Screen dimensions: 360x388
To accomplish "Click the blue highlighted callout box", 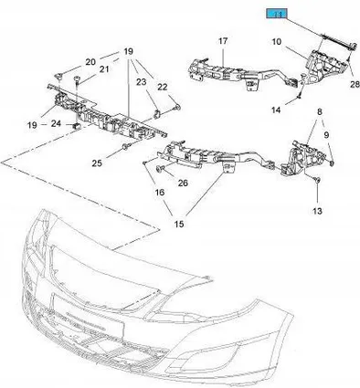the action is [277, 14].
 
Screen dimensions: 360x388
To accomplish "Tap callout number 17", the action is [223, 40].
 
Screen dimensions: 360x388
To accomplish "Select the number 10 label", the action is [277, 41].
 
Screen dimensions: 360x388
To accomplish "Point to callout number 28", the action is [355, 84].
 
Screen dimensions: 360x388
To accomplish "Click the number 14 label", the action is [276, 110].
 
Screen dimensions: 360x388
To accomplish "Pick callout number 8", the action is [319, 112].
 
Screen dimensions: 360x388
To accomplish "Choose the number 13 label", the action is [317, 211].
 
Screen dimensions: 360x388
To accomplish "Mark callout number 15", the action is [179, 224].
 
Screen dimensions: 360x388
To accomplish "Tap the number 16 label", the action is [160, 192].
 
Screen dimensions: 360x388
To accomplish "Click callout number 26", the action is [183, 183].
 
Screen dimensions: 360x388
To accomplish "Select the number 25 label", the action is [97, 163].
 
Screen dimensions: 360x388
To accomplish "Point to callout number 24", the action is [56, 123].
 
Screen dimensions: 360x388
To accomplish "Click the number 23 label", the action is [141, 82].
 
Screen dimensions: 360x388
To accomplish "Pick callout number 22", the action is [163, 87].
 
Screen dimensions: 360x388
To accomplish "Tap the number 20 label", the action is [90, 62].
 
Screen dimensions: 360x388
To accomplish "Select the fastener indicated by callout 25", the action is [125, 148].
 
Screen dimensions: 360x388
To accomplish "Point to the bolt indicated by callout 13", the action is [317, 180].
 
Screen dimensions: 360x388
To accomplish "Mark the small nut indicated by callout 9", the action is [333, 164].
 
